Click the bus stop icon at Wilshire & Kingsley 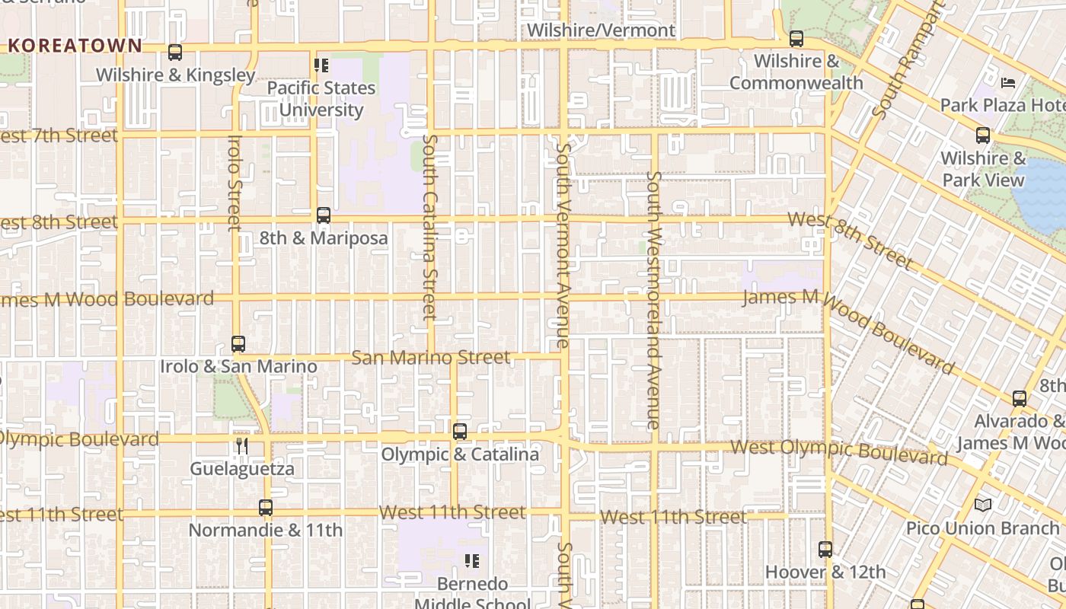point(175,53)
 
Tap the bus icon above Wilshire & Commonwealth point(796,38)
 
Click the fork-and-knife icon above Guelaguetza point(242,446)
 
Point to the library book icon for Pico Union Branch point(983,505)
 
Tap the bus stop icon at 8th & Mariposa point(324,215)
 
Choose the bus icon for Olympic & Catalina point(460,432)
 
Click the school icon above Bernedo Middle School point(472,561)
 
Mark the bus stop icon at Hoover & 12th point(825,549)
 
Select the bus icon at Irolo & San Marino point(238,344)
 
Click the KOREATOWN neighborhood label point(75,46)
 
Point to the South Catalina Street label point(430,227)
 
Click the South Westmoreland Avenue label point(653,300)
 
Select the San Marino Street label point(431,357)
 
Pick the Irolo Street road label point(235,183)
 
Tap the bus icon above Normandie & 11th point(266,508)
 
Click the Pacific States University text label point(321,99)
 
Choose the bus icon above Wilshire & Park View point(984,136)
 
